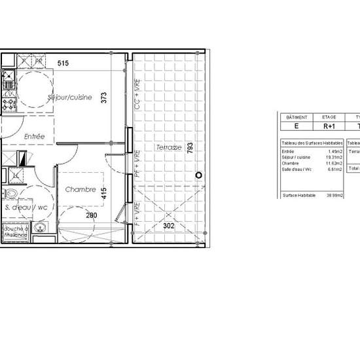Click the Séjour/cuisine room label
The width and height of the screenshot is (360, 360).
(71, 98)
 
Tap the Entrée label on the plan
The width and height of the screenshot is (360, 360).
(35, 137)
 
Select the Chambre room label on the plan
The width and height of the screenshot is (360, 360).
(81, 190)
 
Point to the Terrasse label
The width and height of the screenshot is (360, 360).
(168, 148)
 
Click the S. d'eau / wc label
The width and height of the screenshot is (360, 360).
(26, 207)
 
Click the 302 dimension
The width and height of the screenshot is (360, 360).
(168, 226)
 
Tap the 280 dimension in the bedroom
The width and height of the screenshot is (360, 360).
(90, 215)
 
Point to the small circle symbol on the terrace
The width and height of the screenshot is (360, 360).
(200, 175)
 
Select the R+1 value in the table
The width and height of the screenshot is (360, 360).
(329, 127)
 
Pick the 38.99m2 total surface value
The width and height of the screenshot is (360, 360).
(334, 196)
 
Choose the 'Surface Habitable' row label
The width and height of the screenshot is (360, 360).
(299, 196)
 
